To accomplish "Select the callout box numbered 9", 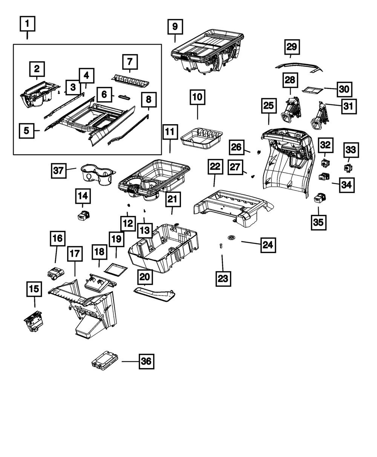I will (x=175, y=27).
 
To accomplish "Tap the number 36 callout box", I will (x=146, y=361).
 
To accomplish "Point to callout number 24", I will (x=268, y=245).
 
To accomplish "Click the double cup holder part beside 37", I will (x=97, y=174).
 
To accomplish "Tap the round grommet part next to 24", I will (x=231, y=237).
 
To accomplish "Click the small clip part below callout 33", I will (x=347, y=167).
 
